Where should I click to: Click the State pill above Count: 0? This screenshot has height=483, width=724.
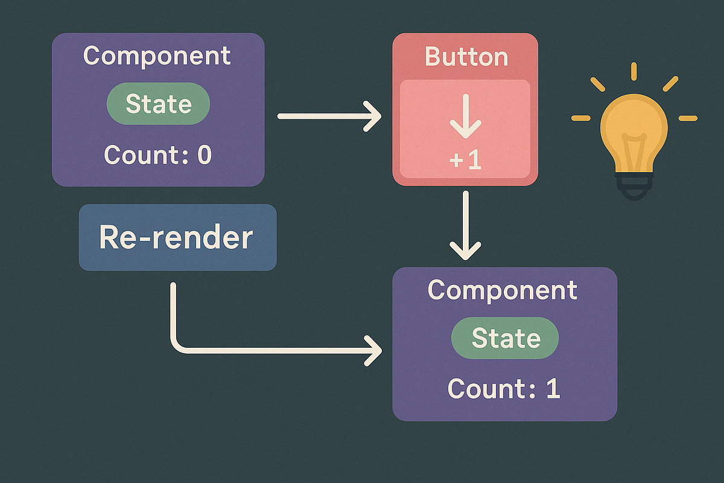(x=158, y=104)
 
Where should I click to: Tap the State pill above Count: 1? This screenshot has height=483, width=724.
(x=505, y=337)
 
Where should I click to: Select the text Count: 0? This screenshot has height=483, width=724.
(x=157, y=155)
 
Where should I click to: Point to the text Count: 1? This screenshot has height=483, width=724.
(x=504, y=388)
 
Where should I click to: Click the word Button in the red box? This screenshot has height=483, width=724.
(x=466, y=57)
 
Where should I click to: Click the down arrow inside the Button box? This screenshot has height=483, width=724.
(x=465, y=121)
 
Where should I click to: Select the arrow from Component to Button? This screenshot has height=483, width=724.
(x=329, y=116)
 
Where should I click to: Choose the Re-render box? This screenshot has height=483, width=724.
(x=177, y=237)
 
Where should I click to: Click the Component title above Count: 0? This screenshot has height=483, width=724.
(x=157, y=56)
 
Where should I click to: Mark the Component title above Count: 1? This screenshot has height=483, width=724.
(x=503, y=290)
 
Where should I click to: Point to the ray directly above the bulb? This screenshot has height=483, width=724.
(x=634, y=71)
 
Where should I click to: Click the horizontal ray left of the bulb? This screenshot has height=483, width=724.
(x=581, y=118)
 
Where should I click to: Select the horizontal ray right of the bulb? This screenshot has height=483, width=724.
(x=687, y=118)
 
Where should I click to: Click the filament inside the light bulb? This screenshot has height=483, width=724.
(x=634, y=151)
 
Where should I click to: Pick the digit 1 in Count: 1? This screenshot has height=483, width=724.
(x=553, y=388)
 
